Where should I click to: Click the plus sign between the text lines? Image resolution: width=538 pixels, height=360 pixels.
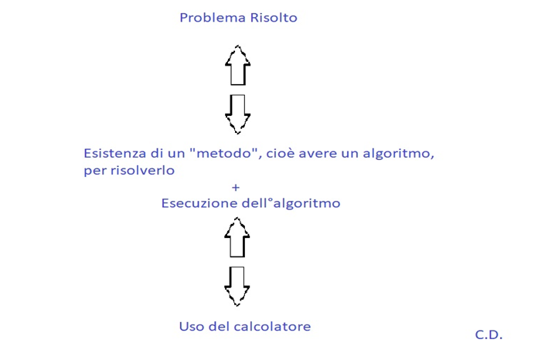pos(236,187)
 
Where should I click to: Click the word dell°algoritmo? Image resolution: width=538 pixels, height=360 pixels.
pos(292,204)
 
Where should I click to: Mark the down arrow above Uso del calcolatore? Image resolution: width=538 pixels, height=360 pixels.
pos(238,285)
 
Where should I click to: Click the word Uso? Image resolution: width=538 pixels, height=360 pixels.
pos(192,326)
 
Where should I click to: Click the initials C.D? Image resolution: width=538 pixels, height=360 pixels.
pos(489,335)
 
